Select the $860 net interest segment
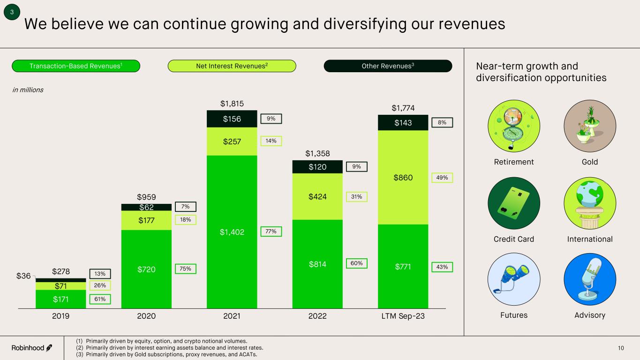coord(403,178)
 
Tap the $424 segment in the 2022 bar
coord(317,197)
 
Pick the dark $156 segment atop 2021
coord(232,119)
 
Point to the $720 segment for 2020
coord(146,269)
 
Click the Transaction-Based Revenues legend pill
coord(76,66)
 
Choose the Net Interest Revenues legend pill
coord(232,66)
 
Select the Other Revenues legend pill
coord(388,66)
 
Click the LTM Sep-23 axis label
coord(403,316)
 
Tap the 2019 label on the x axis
coord(60,316)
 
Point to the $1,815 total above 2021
coord(232,103)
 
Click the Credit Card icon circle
coord(514,203)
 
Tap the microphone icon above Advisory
coord(590,280)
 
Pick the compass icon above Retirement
coord(514,126)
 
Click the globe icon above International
coord(590,203)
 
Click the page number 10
coord(621,348)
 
